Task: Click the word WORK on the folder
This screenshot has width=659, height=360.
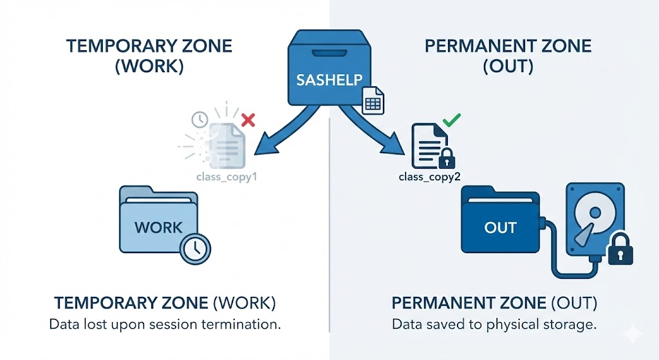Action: click(159, 227)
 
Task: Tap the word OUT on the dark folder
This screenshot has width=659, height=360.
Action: click(501, 228)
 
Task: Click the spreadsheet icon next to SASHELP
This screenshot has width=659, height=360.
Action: click(373, 101)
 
